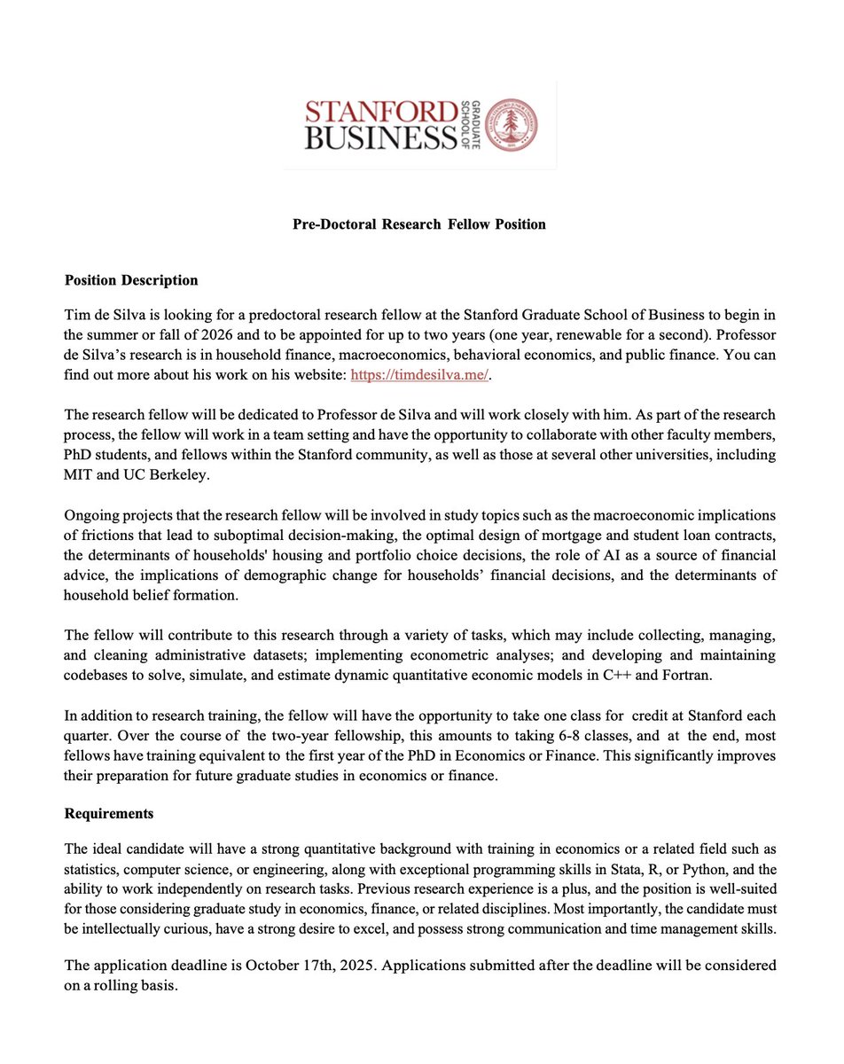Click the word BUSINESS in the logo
[x=372, y=138]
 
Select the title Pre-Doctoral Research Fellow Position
[x=419, y=224]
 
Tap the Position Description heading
[x=131, y=280]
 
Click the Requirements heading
[x=109, y=813]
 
